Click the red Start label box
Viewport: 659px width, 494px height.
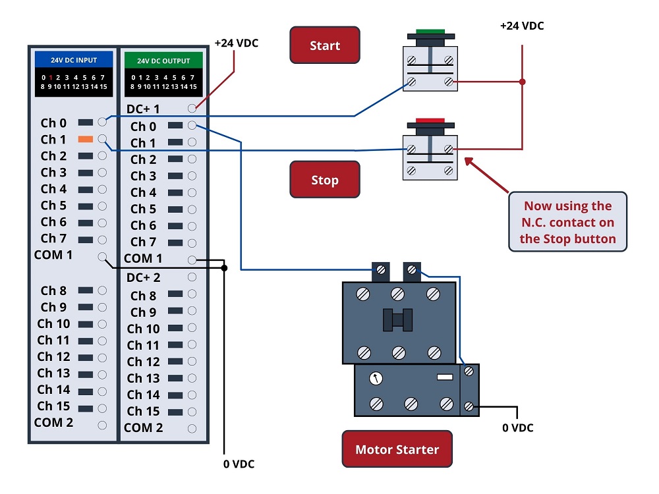point(325,45)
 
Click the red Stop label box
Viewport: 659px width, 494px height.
point(325,179)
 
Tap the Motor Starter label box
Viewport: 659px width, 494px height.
point(397,449)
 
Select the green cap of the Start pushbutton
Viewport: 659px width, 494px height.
point(430,32)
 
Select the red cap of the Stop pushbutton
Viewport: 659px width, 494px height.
point(430,121)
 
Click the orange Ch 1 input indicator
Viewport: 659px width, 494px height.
point(85,139)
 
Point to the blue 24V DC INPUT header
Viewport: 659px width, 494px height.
point(74,60)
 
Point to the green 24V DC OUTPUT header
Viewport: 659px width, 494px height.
point(163,61)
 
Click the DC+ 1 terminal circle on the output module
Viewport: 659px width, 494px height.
point(192,109)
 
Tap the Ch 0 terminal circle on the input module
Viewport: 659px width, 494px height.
point(102,122)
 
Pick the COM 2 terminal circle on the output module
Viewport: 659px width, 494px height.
point(192,429)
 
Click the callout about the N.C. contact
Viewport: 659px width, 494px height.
point(568,222)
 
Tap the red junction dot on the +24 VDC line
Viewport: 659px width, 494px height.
point(523,82)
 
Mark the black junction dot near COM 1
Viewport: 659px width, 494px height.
point(225,268)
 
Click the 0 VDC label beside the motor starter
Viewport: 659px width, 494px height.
point(518,427)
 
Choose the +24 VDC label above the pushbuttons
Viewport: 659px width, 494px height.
point(522,26)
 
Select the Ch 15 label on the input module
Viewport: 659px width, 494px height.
point(53,406)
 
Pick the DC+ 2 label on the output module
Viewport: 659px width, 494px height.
point(143,277)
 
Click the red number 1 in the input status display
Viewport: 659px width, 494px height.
point(51,77)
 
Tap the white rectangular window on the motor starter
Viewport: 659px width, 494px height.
point(445,377)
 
